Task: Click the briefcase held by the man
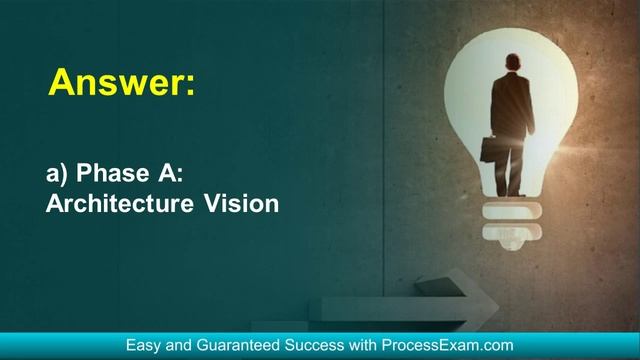[x=490, y=151]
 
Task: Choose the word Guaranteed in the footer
[x=241, y=345]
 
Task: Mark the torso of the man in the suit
[x=512, y=105]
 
